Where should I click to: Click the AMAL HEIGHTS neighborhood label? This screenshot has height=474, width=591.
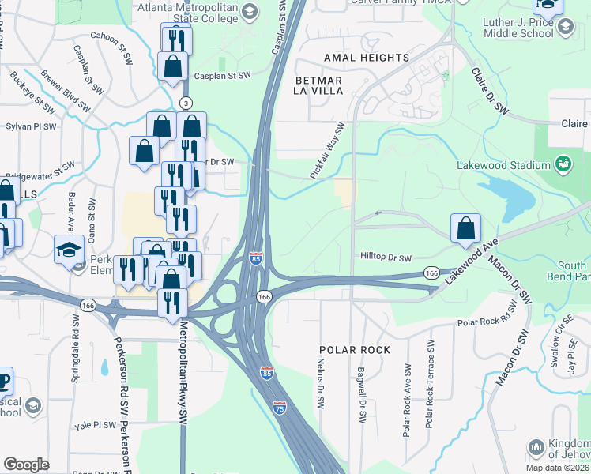367,58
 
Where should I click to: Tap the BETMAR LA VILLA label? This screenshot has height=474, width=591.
318,85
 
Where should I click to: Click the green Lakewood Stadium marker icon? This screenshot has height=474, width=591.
563,165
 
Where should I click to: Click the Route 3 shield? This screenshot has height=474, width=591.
186,103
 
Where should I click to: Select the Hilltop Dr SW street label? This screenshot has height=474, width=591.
386,258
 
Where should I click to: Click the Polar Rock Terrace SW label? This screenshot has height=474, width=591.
430,384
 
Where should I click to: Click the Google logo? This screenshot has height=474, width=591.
26,465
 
